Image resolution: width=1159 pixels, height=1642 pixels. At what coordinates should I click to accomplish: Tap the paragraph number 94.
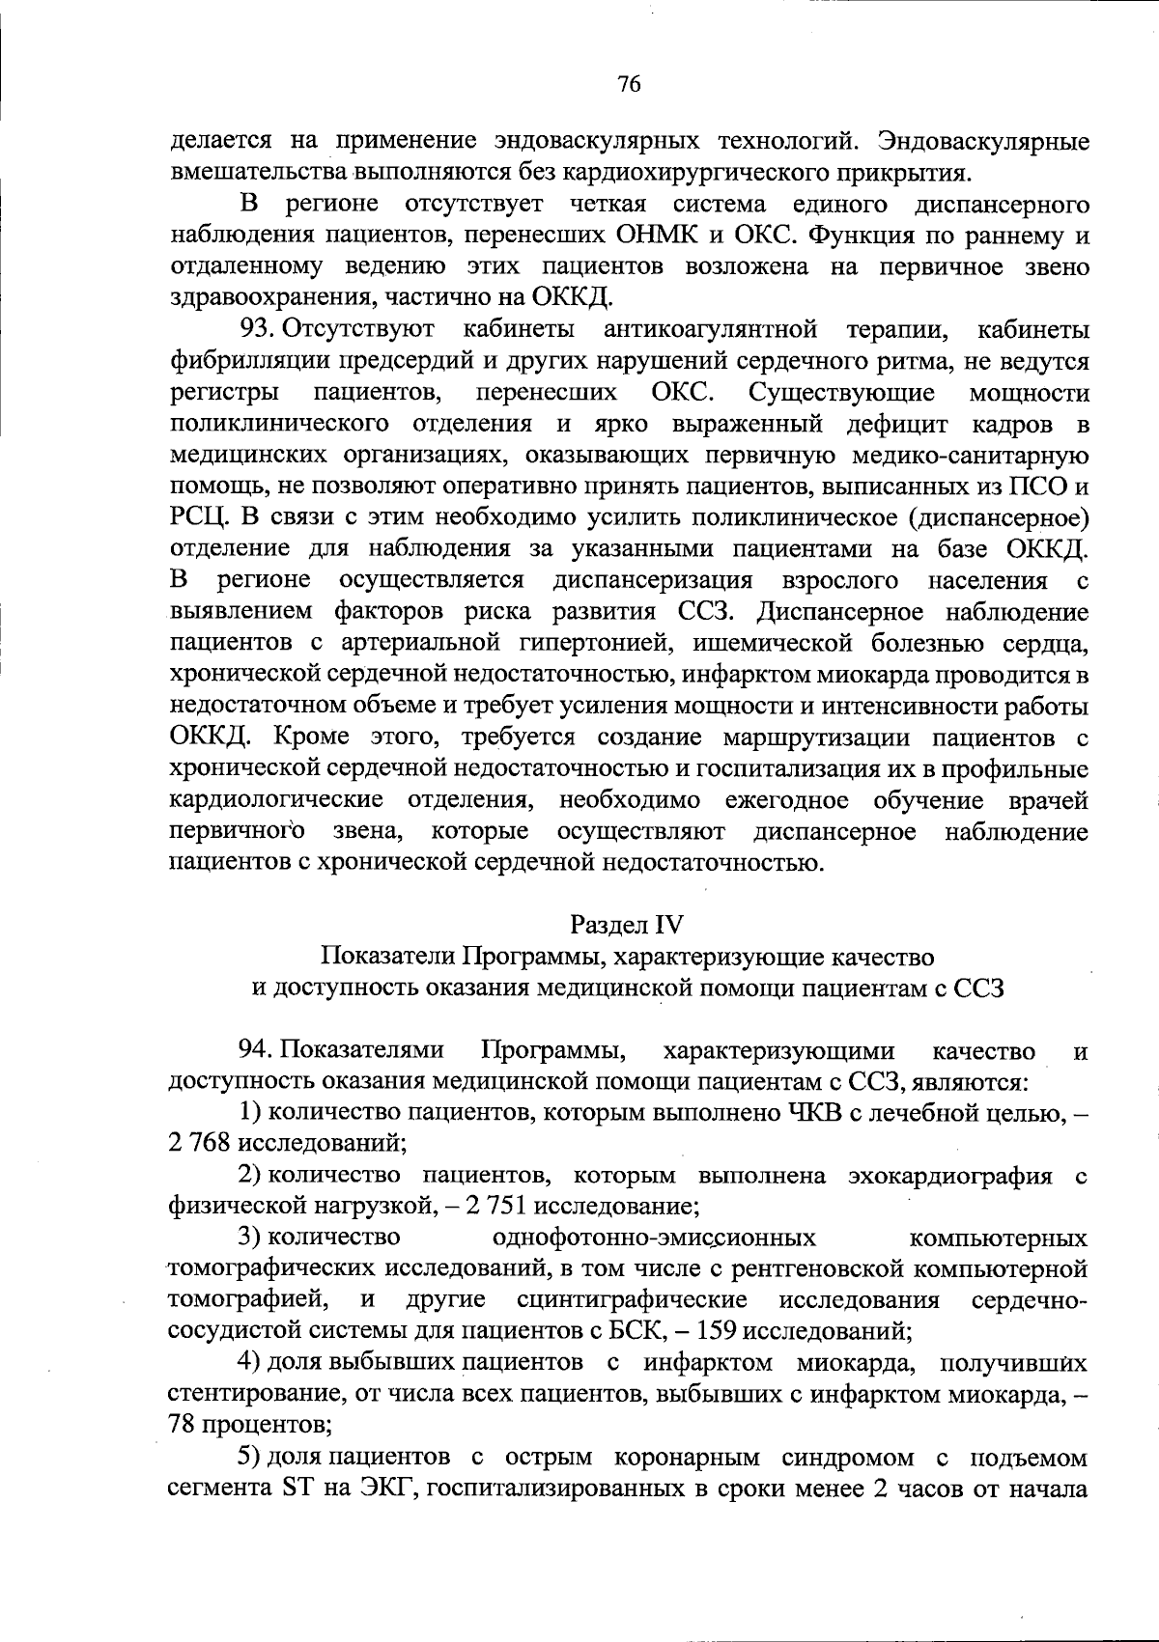257,1050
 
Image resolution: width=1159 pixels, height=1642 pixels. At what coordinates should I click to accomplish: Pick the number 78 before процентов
181,1424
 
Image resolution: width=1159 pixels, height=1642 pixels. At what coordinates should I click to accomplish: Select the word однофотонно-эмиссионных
654,1238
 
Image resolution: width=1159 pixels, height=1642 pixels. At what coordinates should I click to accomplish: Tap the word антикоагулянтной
710,330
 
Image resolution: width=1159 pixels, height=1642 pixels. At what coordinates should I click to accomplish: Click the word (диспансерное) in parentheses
999,518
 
